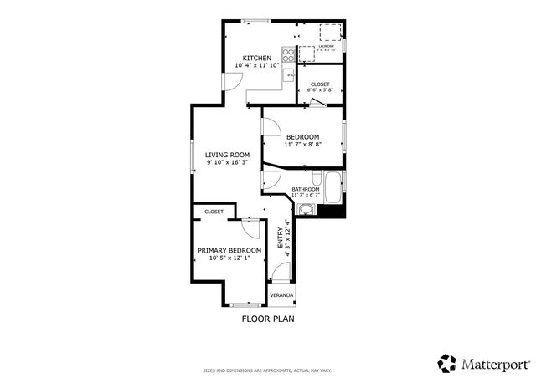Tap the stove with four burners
tap(289, 56)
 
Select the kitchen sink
tap(289, 76)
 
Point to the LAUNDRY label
tap(326, 46)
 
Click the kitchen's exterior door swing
tap(232, 81)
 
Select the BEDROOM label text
tap(302, 136)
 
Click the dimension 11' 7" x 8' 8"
tap(302, 145)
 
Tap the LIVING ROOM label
tap(228, 154)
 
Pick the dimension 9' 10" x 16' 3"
tap(228, 162)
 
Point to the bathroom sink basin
tap(307, 209)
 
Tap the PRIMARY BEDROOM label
tap(229, 250)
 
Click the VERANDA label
tap(281, 295)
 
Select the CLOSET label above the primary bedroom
tap(214, 212)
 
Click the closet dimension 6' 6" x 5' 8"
tap(320, 90)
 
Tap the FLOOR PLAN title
tap(268, 319)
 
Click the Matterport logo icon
tap(447, 363)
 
